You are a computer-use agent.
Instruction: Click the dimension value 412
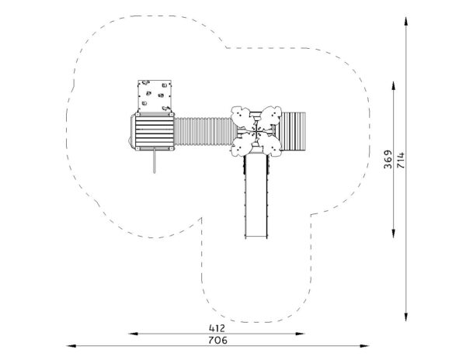217,328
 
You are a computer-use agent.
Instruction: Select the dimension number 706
217,340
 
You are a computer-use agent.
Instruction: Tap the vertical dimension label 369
388,159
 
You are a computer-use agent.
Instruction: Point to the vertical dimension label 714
401,161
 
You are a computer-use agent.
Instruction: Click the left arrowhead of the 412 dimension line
133,334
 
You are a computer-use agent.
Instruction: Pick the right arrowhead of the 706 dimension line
364,346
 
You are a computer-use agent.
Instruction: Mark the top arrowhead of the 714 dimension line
405,22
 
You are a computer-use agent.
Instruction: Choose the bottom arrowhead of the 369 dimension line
394,234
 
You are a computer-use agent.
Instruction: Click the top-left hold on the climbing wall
145,82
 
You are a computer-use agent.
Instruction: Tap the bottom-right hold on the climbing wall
165,108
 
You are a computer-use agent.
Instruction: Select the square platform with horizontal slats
155,131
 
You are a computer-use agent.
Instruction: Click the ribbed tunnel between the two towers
205,131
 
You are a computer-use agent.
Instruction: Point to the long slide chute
256,196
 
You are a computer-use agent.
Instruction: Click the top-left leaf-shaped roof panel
242,116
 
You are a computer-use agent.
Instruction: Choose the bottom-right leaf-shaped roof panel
270,144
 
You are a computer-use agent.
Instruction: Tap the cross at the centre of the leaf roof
256,130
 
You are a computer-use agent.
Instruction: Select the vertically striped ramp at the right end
293,131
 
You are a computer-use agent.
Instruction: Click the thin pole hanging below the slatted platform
154,161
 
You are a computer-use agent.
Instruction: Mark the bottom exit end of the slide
256,237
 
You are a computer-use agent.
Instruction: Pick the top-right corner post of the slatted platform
172,114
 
